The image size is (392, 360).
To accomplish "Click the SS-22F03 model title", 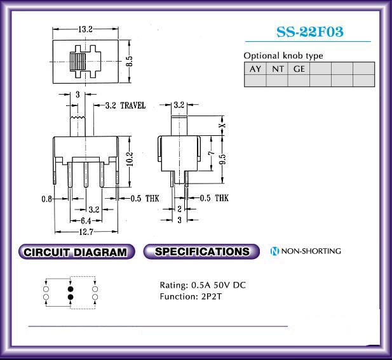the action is click(310, 32).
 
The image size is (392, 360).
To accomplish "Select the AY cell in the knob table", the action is click(255, 69).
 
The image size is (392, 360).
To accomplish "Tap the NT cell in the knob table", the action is click(277, 69).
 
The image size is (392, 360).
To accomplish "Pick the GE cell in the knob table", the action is click(299, 69).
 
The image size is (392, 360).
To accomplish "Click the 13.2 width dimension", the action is click(86, 29).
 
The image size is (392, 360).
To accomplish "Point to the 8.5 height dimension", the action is click(129, 61).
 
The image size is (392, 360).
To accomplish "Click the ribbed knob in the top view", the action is click(78, 62).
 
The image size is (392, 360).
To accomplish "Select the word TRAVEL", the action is click(133, 105).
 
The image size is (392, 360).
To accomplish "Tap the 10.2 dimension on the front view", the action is click(130, 159).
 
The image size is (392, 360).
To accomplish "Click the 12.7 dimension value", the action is click(86, 232).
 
